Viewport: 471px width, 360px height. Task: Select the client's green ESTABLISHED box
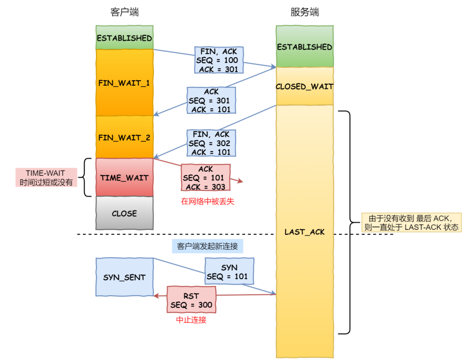tap(124, 38)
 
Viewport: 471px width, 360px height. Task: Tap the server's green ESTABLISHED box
tap(304, 46)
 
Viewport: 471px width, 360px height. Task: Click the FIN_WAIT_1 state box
tap(124, 82)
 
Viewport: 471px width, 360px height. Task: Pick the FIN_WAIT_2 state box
tap(124, 137)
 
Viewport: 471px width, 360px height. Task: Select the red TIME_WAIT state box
tap(124, 178)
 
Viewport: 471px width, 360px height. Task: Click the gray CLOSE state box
tap(124, 213)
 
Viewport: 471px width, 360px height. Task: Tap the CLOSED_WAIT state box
tap(304, 86)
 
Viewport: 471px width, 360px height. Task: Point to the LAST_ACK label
tap(304, 232)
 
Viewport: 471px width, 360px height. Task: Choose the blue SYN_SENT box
tap(124, 277)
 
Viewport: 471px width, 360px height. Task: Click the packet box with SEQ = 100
tap(219, 60)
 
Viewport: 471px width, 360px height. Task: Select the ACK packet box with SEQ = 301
tap(211, 101)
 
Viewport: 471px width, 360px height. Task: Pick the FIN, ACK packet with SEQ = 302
tap(211, 143)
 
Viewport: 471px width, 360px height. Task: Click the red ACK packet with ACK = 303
tap(205, 178)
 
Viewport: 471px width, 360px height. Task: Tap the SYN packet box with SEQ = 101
tap(229, 272)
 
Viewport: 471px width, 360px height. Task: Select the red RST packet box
tap(192, 300)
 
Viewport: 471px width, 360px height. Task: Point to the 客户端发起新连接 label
tap(207, 246)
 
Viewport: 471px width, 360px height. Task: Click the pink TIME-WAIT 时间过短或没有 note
tap(45, 177)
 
